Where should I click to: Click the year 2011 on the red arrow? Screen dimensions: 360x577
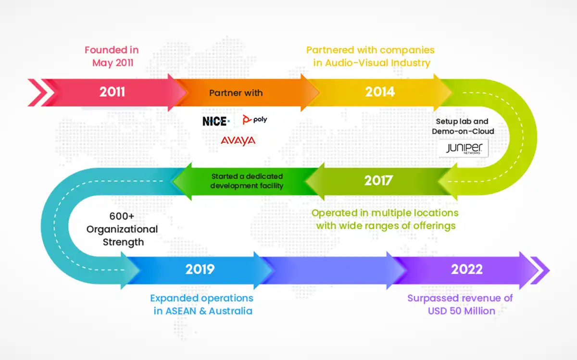(x=112, y=92)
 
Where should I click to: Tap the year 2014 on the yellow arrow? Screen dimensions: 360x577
(x=379, y=92)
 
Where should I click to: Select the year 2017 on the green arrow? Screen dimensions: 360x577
(x=378, y=180)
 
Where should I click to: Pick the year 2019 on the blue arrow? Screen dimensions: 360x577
(x=200, y=269)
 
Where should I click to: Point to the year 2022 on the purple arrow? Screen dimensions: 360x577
(x=466, y=269)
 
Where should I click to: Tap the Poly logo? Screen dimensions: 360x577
(x=255, y=120)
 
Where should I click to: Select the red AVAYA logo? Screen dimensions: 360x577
(x=238, y=140)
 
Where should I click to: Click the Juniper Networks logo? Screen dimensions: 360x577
(x=464, y=149)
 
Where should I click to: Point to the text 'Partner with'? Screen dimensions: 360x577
(x=236, y=93)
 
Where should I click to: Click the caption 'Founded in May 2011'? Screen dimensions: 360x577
(x=112, y=56)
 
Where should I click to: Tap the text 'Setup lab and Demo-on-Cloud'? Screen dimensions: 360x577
(x=463, y=126)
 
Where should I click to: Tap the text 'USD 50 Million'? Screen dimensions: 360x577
(x=462, y=310)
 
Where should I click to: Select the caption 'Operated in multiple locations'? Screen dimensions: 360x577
(x=385, y=212)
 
